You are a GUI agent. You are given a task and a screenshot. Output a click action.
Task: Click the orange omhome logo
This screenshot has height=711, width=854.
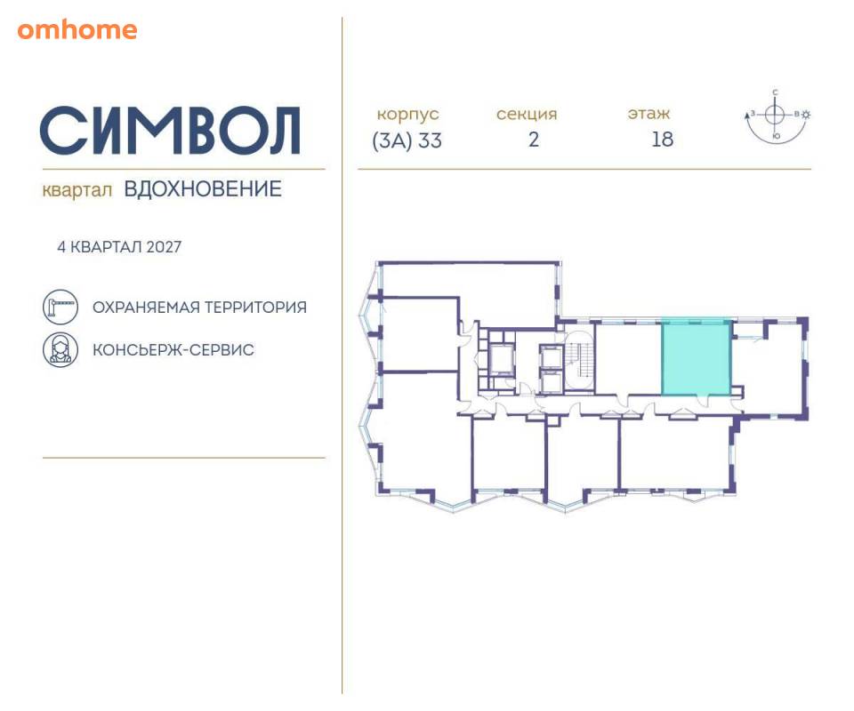(x=77, y=29)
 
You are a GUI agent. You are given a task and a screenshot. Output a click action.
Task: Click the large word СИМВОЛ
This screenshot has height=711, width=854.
(x=171, y=131)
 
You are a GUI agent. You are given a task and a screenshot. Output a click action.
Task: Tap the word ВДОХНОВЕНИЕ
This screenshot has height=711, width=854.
(x=203, y=188)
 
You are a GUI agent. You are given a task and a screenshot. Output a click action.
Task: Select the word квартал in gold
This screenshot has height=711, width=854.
(x=77, y=190)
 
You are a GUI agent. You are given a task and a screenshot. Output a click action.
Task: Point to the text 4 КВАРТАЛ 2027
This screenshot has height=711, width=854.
(x=119, y=247)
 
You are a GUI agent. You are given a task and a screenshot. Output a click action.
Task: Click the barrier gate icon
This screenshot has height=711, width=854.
(x=60, y=307)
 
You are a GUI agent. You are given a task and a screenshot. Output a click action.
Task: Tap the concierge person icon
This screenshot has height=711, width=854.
(x=60, y=349)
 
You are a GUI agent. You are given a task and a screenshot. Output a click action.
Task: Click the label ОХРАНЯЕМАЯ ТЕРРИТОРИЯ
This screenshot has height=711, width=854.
(x=199, y=308)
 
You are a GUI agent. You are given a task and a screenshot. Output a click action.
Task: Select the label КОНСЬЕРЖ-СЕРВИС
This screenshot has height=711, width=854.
(x=173, y=350)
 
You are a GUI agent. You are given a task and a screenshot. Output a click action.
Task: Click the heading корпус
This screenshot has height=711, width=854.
(x=407, y=115)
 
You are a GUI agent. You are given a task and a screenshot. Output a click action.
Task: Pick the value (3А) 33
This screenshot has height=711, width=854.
(x=407, y=140)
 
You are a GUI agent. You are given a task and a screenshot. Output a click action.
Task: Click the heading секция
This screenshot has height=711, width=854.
(x=527, y=115)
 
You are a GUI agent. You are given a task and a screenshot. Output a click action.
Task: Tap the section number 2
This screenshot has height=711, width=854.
(x=534, y=140)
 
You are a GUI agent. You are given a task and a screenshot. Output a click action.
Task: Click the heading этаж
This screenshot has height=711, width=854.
(x=649, y=114)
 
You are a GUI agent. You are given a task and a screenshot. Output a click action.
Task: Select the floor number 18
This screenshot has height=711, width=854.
(x=662, y=140)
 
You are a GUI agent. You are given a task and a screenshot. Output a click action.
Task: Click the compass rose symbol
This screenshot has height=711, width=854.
(x=775, y=115)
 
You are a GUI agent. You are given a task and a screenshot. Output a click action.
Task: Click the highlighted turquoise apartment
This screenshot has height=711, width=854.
(x=696, y=357)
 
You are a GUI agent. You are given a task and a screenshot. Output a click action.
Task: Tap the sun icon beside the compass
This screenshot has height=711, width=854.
(x=806, y=115)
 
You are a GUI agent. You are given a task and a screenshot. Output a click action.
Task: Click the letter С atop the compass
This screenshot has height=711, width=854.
(x=775, y=92)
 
